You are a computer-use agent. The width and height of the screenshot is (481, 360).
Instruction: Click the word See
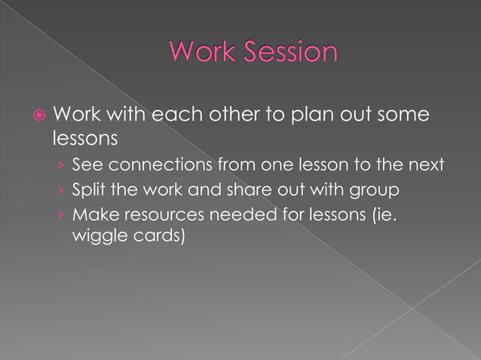pyautogui.click(x=85, y=165)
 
